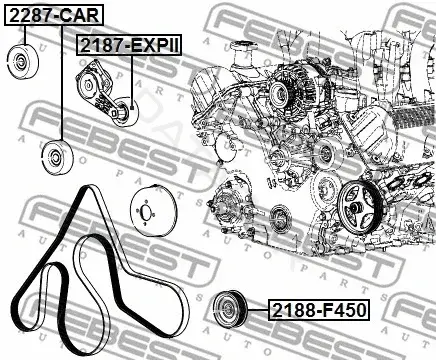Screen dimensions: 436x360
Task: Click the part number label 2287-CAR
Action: (x=54, y=15)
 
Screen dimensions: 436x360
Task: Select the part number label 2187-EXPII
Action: (x=130, y=45)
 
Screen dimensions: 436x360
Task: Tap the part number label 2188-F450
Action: (x=319, y=310)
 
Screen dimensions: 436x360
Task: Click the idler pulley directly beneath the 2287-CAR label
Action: (x=22, y=61)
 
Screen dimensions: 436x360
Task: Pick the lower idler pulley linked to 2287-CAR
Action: (x=57, y=157)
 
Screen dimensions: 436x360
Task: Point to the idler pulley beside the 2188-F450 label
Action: (x=230, y=309)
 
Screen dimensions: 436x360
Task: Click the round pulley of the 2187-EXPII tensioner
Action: (x=124, y=112)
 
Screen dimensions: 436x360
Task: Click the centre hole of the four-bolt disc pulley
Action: (x=146, y=212)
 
